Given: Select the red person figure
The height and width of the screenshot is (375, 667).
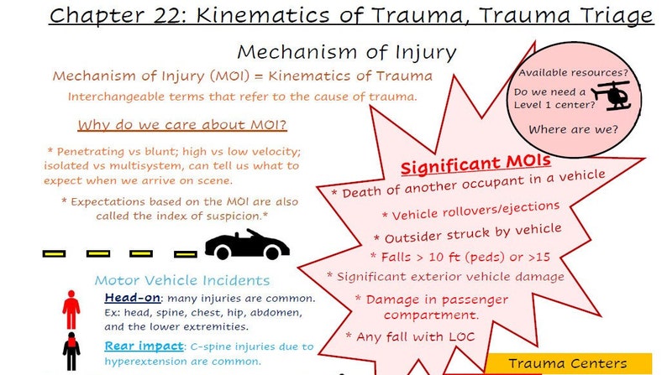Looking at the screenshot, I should [x=71, y=309].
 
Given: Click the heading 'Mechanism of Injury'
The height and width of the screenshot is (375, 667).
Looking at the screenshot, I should [x=347, y=52].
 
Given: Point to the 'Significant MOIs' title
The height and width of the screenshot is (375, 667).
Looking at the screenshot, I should [x=475, y=164].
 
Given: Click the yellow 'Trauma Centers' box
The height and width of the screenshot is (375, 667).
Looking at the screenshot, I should [x=567, y=363].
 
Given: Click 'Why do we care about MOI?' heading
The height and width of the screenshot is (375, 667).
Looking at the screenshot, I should [x=182, y=126].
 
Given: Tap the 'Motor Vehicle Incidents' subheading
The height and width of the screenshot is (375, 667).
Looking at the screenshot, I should [x=181, y=280].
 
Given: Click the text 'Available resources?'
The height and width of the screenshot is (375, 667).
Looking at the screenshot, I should [x=573, y=73].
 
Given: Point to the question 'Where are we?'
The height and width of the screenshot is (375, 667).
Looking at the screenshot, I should [x=573, y=129].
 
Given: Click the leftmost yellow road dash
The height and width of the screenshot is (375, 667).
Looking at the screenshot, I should [x=54, y=253].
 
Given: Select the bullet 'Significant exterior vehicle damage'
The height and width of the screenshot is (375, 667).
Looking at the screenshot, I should [x=445, y=276].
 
